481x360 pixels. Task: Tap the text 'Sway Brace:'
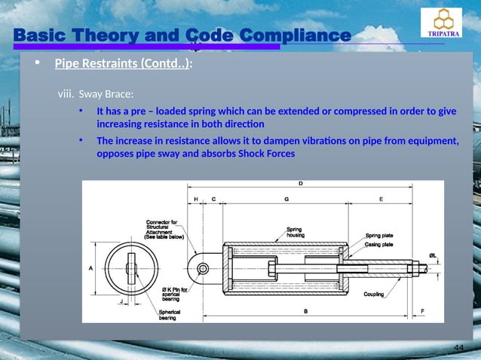(x=106, y=95)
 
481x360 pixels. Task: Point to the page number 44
(x=458, y=346)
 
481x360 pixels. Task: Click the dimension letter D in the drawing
(x=301, y=183)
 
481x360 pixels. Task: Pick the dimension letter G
(x=286, y=199)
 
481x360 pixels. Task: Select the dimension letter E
(x=381, y=199)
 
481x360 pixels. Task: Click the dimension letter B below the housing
(x=305, y=311)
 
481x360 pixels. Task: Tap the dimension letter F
(x=421, y=311)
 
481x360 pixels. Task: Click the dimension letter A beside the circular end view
(x=90, y=267)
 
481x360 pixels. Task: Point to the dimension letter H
(x=196, y=199)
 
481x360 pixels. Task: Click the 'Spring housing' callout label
(x=296, y=233)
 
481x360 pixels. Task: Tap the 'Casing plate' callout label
(x=381, y=244)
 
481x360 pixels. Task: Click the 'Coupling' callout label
(x=375, y=294)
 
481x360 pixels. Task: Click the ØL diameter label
(x=433, y=255)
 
